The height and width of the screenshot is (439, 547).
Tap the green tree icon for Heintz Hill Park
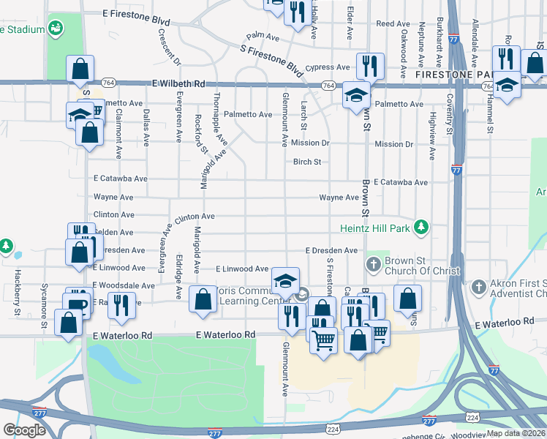[420, 228]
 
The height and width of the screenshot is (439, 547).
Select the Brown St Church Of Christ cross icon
[373, 263]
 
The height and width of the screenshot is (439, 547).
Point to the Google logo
[24, 430]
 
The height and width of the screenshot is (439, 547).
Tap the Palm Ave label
[263, 36]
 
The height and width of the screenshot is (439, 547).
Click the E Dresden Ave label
[331, 250]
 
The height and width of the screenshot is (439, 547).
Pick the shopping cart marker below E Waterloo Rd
[324, 339]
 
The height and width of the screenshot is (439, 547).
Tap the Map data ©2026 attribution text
[516, 433]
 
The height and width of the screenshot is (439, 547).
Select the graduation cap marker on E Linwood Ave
[286, 280]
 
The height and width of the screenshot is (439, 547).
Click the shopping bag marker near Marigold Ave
[203, 299]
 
